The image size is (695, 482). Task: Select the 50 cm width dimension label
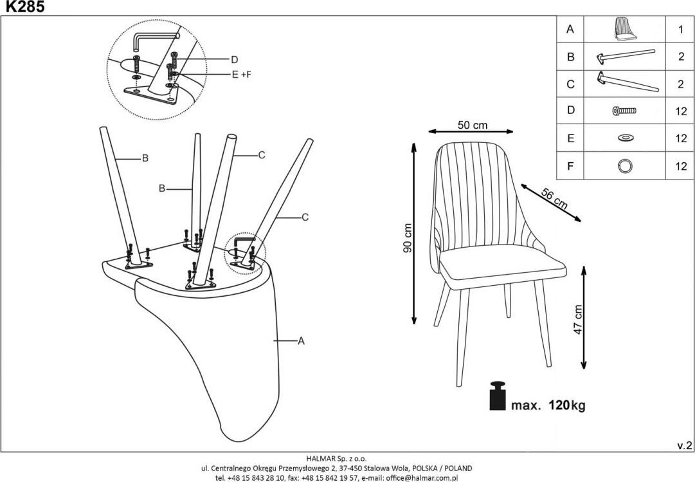tap(472, 125)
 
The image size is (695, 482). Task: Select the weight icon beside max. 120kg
tap(498, 396)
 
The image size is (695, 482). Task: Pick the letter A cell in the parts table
tap(570, 29)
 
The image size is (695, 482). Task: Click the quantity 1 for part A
tap(680, 29)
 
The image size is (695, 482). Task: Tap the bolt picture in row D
tap(624, 111)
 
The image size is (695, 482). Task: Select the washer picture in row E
tap(624, 138)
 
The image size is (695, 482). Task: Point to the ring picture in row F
tap(624, 165)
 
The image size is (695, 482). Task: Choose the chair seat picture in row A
tap(624, 28)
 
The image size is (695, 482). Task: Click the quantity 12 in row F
tap(681, 165)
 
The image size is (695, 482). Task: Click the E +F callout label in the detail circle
tap(241, 74)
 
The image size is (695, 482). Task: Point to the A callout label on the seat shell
tap(300, 342)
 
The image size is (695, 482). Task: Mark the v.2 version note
tap(684, 445)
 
